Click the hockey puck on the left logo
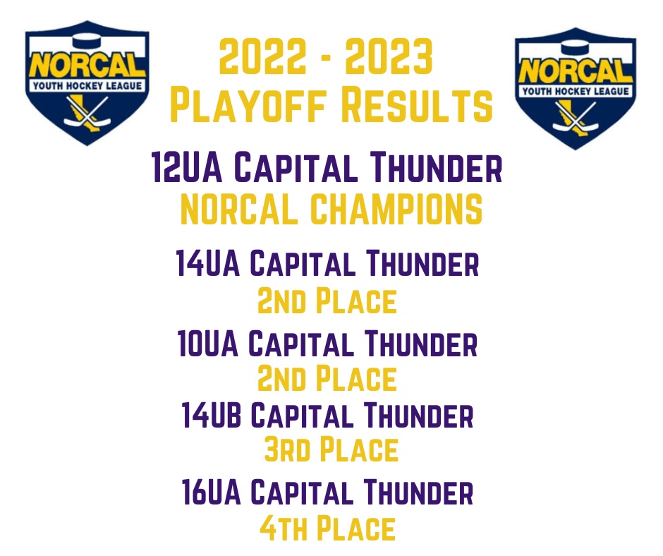tap(87, 42)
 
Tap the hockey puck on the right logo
tap(576, 47)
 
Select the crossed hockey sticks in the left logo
tap(87, 111)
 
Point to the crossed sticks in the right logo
tap(576, 117)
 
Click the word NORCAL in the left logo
tap(87, 66)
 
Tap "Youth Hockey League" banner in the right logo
tap(576, 91)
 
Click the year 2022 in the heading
tap(262, 56)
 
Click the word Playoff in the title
tap(248, 104)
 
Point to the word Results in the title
tap(417, 104)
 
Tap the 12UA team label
tap(187, 167)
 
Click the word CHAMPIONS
tap(396, 209)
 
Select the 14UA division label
tap(208, 263)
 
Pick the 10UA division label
tap(208, 344)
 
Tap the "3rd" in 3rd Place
tap(287, 449)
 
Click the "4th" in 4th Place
tap(284, 528)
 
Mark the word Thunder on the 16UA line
tap(418, 492)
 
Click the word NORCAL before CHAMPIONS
tap(239, 209)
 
